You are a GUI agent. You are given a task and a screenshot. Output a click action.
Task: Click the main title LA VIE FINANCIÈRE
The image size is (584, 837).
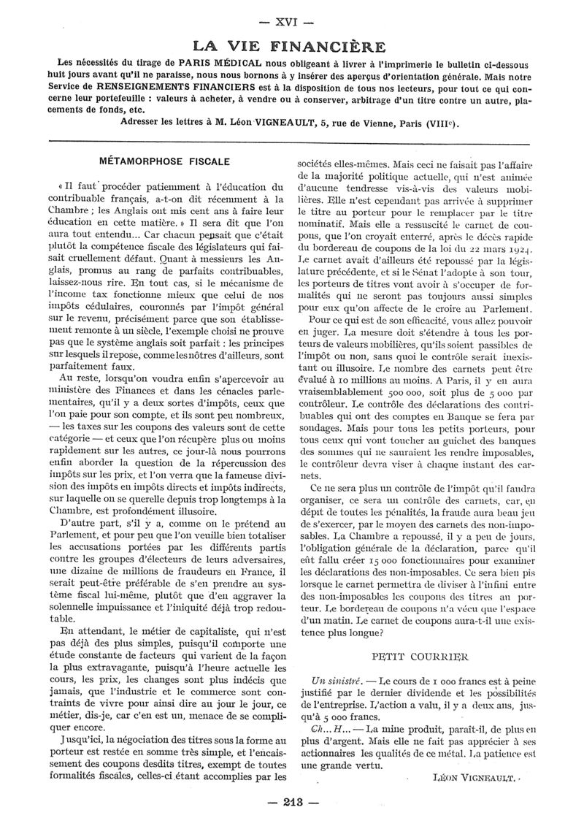[292, 47]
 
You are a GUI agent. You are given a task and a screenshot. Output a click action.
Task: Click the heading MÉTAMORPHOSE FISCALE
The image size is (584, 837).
[164, 161]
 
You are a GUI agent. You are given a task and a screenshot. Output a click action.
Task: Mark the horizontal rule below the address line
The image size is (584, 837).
[292, 140]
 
